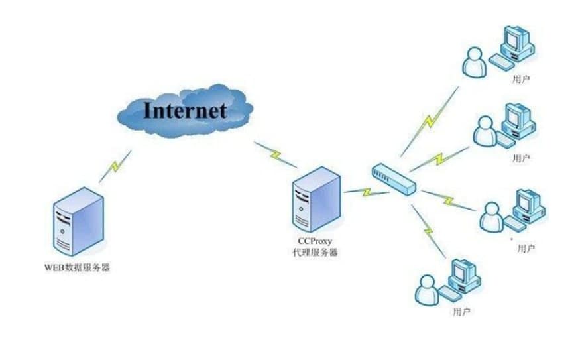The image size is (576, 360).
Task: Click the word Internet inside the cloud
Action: coord(185,109)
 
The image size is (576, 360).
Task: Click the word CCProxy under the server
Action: coord(316,243)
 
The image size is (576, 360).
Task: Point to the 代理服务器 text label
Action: coord(316,253)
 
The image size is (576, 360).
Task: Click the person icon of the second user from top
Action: coord(485,131)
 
